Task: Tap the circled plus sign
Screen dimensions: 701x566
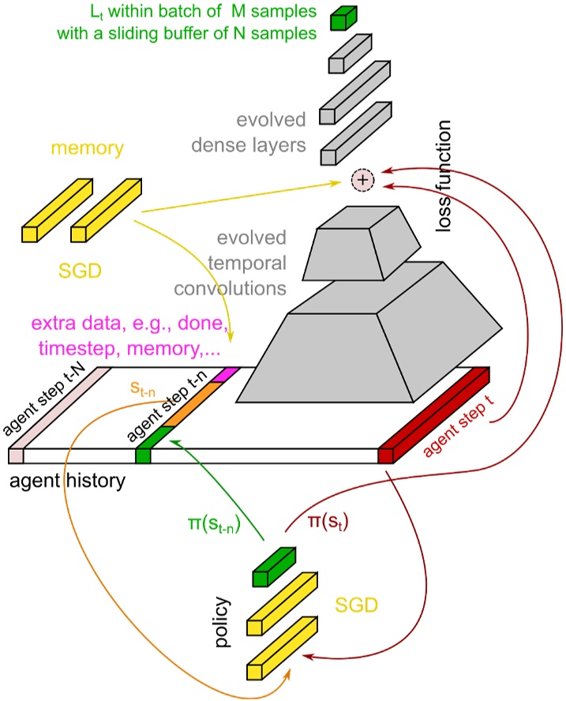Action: tap(362, 180)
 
